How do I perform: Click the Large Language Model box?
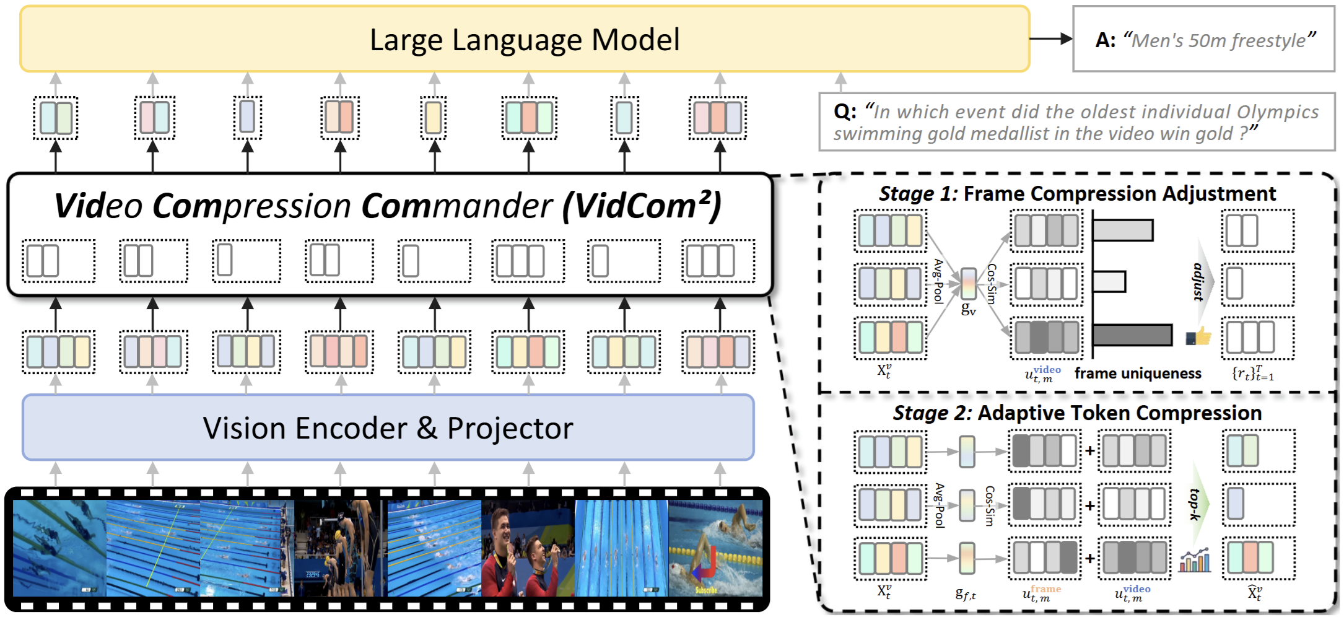(524, 40)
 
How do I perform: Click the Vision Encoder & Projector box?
(388, 428)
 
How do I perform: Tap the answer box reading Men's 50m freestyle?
(1203, 40)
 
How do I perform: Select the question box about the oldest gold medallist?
(1076, 122)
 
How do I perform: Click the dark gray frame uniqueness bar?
(1132, 335)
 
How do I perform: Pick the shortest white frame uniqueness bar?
(1109, 282)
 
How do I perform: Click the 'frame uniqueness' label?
(1138, 374)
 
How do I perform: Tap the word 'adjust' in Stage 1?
(1198, 282)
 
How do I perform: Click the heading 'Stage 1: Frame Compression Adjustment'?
(1077, 194)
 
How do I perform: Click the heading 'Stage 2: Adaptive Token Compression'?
(1077, 413)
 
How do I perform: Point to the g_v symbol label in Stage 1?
(968, 308)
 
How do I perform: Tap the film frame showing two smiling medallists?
(528, 549)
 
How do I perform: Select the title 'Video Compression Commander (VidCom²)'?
(388, 206)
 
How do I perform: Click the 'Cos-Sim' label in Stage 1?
(991, 284)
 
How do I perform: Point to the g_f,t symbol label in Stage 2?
(966, 594)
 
